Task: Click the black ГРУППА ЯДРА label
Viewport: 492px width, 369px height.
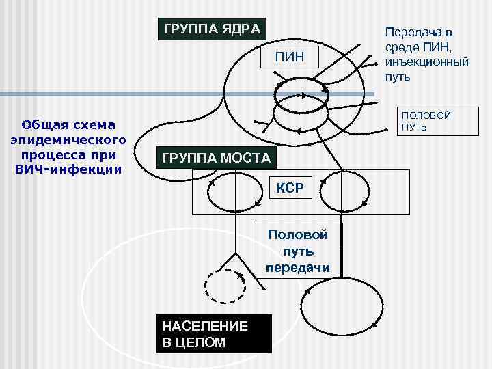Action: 211,29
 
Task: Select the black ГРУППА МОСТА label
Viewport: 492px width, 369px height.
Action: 217,159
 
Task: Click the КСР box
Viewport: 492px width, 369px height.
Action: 290,187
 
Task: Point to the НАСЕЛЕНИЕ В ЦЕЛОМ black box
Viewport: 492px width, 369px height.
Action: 213,333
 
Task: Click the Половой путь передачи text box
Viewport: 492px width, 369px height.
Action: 297,251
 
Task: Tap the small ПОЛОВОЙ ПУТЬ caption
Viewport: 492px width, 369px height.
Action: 426,121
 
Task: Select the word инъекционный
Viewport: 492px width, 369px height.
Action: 426,62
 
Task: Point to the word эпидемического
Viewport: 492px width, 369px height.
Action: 68,140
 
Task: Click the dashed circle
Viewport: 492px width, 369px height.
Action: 225,286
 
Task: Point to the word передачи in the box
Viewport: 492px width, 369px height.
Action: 297,267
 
